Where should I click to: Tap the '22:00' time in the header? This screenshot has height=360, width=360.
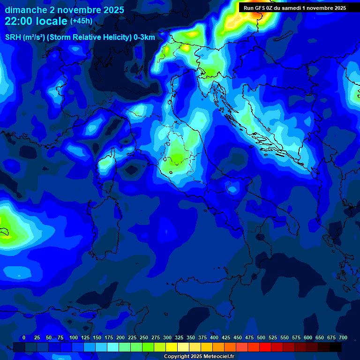19,21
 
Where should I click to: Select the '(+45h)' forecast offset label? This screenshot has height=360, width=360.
81,21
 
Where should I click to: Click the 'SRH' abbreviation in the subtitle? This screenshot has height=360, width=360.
13,37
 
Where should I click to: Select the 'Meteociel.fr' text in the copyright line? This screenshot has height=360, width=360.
216,357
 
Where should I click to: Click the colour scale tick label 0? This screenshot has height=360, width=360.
24,337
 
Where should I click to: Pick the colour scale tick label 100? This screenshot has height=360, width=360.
73,337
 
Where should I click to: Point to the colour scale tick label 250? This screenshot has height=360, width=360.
144,337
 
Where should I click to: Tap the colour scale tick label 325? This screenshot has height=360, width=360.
179,337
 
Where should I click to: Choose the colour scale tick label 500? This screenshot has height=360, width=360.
261,337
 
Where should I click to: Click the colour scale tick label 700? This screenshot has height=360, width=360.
343,337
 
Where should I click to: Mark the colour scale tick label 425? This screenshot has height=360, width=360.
226,337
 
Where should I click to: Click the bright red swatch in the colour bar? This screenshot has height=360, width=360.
265,347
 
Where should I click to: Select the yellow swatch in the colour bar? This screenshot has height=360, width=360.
172,347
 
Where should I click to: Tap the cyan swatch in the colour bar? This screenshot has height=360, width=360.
113,347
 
